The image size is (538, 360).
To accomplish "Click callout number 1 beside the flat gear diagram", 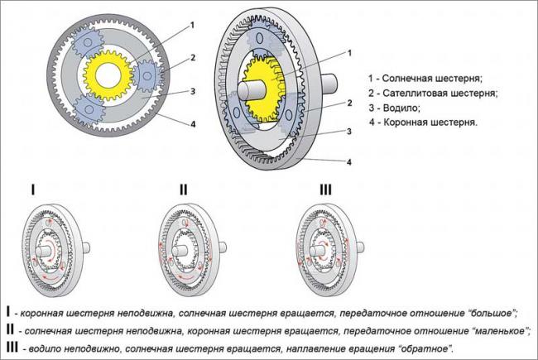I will pos(191,26).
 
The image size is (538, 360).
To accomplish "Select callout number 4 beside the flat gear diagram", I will pos(191,126).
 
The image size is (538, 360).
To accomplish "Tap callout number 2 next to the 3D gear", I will pos(350,103).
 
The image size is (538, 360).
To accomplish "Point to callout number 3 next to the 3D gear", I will pos(350,132).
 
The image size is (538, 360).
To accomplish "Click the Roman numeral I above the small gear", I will pos(33,190).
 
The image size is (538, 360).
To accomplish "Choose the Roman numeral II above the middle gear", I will pos(183,190).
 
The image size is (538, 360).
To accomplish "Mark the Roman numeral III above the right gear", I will pos(324,190).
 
